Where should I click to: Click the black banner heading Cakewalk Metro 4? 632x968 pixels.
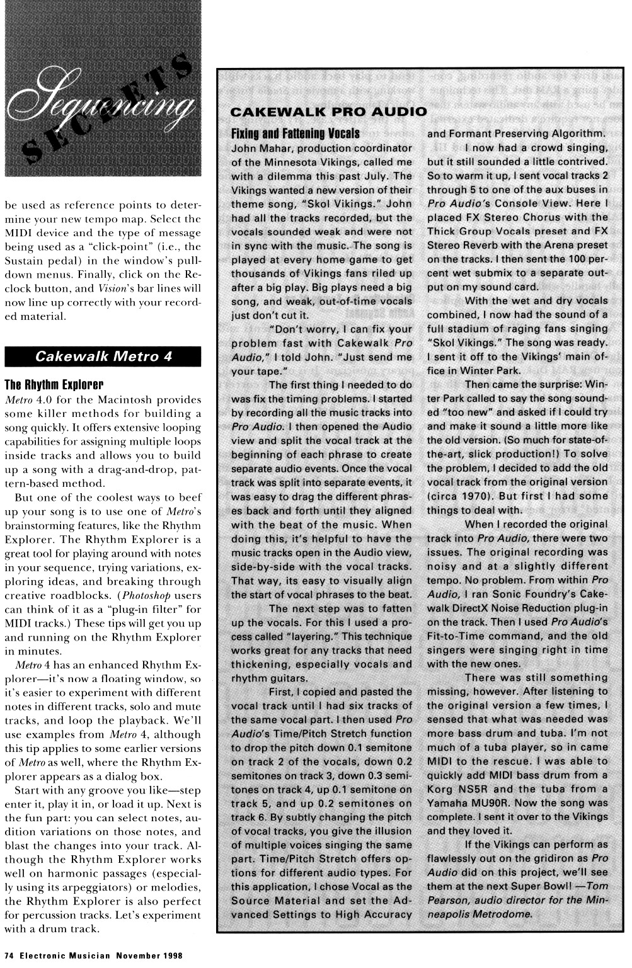click(103, 356)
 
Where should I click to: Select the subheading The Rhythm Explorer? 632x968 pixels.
click(54, 385)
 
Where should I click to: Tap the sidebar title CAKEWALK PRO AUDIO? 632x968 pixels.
click(328, 113)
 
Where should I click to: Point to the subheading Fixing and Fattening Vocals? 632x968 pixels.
click(295, 134)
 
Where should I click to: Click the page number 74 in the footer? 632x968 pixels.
click(9, 955)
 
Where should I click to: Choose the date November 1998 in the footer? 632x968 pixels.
click(148, 955)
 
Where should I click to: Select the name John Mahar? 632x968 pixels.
click(258, 149)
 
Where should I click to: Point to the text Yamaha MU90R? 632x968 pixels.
click(465, 803)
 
